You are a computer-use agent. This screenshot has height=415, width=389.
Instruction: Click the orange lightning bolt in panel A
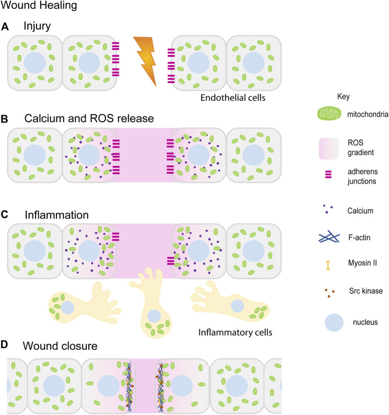[146, 60]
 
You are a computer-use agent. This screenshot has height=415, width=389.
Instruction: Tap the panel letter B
[5, 119]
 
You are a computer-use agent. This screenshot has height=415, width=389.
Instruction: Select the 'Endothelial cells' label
[233, 98]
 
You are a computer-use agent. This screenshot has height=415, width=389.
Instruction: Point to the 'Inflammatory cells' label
[235, 332]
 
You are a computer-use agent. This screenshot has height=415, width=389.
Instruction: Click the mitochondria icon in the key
[329, 114]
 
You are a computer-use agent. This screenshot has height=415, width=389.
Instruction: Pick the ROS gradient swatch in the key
[329, 148]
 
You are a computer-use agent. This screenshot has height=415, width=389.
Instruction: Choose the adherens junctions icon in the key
[328, 174]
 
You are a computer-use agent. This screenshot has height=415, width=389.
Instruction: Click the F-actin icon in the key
[329, 237]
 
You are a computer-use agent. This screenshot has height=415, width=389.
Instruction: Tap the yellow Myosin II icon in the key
[328, 265]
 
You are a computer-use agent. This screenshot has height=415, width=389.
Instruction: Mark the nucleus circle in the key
[334, 323]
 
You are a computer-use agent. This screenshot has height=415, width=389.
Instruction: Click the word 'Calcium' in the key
[360, 211]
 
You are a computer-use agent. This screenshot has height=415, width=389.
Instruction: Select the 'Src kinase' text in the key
[366, 291]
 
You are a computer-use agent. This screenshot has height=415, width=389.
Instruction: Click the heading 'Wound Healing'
[39, 6]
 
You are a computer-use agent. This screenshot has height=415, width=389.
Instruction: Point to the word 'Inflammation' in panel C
[57, 215]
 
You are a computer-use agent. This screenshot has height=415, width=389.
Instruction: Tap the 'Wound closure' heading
[60, 346]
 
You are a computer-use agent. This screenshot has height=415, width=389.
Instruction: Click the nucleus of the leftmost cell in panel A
[35, 63]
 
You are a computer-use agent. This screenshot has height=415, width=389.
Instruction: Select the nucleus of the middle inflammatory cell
[154, 316]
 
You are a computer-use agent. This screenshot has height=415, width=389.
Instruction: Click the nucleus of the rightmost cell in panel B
[254, 155]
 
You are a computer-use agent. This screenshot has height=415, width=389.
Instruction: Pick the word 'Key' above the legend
[344, 97]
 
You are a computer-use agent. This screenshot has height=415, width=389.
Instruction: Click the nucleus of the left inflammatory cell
[67, 307]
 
